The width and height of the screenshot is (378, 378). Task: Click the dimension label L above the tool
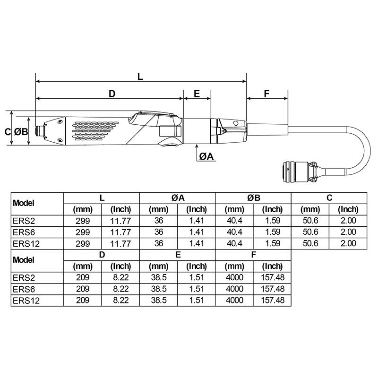(x=140, y=76)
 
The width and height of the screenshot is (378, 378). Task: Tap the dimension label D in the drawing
(x=112, y=94)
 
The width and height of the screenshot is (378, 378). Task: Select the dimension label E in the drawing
(x=197, y=94)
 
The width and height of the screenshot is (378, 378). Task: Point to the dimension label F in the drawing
(x=266, y=94)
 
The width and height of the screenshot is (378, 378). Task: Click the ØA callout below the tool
(x=206, y=156)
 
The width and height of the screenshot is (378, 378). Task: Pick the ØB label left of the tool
(x=20, y=132)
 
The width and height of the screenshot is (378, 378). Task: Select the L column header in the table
(x=102, y=198)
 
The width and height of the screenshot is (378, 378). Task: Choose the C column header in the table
(x=329, y=198)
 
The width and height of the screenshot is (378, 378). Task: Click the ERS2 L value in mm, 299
(x=83, y=221)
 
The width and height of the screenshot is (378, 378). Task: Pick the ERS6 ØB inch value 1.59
(x=272, y=232)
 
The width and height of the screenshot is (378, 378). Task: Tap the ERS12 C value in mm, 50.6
(x=310, y=243)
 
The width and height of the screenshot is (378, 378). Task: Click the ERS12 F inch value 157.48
(x=272, y=301)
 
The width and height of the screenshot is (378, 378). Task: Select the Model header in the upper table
(x=24, y=203)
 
